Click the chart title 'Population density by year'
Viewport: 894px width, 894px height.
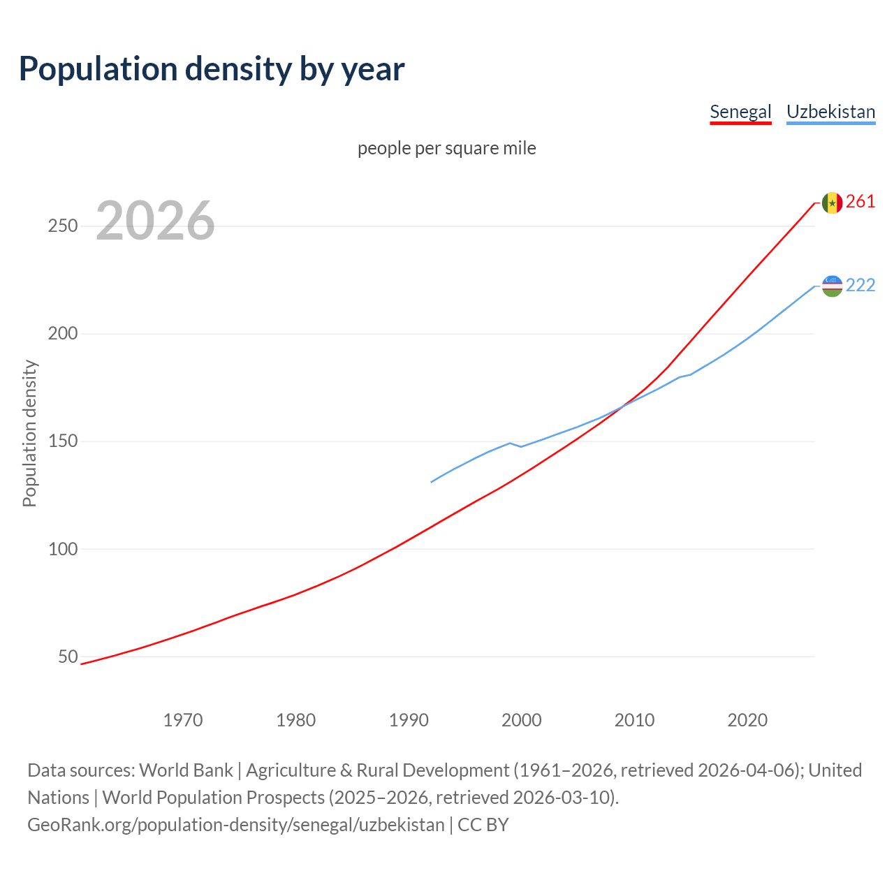point(212,68)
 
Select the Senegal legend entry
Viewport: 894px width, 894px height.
point(740,112)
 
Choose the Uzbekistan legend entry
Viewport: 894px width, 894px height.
point(830,112)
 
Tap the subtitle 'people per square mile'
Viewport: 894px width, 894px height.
point(447,148)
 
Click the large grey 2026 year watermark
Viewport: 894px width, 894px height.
point(155,221)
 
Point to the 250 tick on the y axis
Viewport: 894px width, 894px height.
point(63,226)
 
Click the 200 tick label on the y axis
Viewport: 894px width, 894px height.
point(63,334)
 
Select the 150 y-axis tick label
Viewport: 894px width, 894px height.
point(63,441)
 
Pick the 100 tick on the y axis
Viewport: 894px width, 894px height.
point(63,549)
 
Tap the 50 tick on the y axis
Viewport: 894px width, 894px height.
point(68,657)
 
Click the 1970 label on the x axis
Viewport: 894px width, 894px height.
point(183,720)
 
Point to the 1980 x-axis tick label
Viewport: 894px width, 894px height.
point(296,720)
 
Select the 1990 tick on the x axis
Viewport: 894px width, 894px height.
point(409,720)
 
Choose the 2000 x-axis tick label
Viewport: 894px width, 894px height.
point(522,720)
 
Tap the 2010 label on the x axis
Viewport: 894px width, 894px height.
point(635,720)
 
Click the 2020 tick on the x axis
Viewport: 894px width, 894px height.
point(747,720)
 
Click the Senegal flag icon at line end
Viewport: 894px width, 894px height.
point(832,203)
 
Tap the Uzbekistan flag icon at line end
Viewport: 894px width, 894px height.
point(832,286)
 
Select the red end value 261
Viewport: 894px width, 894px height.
point(860,202)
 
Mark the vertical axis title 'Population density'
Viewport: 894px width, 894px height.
point(29,433)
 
